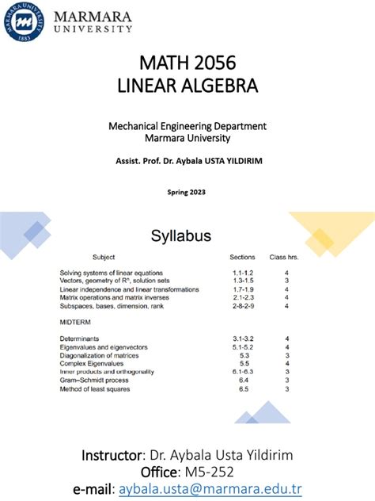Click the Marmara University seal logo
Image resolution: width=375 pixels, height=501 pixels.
coord(23,23)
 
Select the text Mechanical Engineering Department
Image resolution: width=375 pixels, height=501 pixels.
coord(187,125)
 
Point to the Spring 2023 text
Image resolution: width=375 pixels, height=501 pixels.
coord(187,191)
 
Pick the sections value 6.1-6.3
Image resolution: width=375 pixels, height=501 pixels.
coord(242,372)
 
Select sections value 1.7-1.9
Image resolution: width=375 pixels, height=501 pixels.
coord(242,289)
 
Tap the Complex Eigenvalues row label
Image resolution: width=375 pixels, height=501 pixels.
coord(90,364)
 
